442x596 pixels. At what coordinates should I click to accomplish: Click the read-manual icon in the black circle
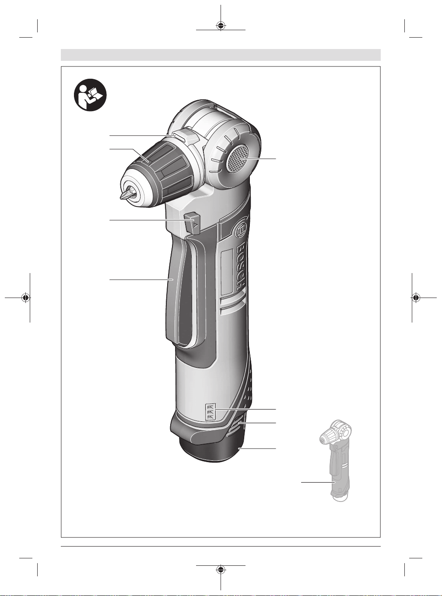click(90, 95)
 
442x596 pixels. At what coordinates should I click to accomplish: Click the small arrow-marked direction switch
click(193, 222)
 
